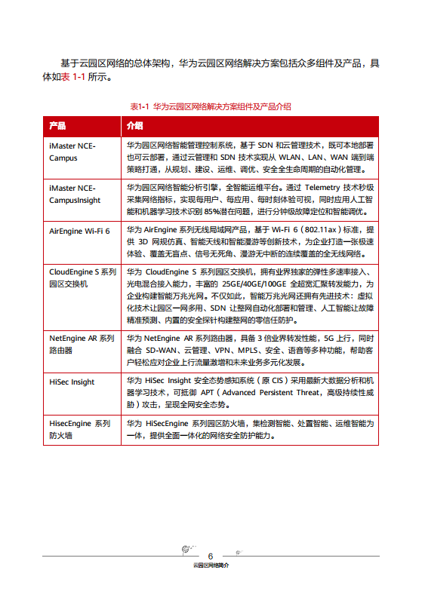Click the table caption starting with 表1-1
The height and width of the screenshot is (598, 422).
pos(211,106)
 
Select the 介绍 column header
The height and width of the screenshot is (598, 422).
pos(135,124)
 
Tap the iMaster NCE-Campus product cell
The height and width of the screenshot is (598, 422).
pos(72,152)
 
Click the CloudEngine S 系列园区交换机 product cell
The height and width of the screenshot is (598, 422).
pos(82,277)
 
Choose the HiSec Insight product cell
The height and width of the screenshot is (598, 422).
pos(72,382)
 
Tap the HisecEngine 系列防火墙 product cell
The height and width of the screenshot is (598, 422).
pos(80,429)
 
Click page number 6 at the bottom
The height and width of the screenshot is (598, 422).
pos(211,555)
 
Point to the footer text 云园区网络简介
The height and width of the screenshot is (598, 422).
pos(211,565)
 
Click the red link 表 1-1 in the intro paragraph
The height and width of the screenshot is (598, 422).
pos(73,77)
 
